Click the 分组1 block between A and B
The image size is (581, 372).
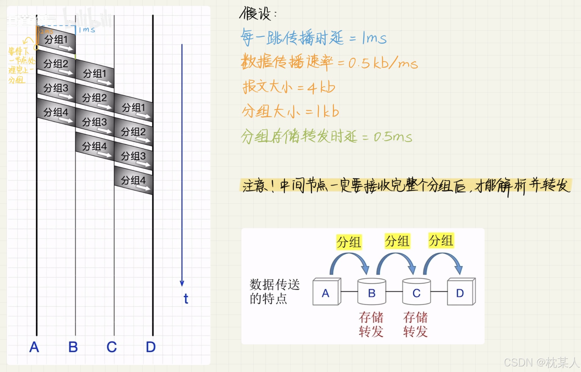[x=56, y=40]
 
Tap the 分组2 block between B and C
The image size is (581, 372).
[x=95, y=98]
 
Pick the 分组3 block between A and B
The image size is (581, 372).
[x=56, y=88]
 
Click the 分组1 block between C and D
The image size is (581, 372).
[x=134, y=108]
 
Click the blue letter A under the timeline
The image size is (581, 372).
[x=34, y=347]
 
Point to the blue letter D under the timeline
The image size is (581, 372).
[x=151, y=347]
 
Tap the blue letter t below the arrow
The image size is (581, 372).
[x=186, y=299]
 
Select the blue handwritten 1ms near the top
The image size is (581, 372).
[x=87, y=30]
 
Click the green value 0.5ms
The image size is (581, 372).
[x=393, y=137]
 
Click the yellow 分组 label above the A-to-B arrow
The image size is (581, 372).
[x=349, y=242]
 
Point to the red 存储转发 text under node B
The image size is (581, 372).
[x=371, y=324]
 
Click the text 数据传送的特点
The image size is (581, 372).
[x=274, y=292]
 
